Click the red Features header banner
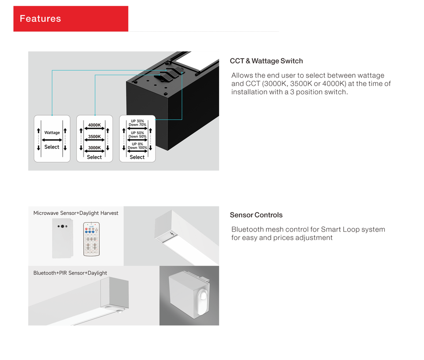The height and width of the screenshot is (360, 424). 71,19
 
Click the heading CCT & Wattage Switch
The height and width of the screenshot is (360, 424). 266,61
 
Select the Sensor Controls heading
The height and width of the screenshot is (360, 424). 256,215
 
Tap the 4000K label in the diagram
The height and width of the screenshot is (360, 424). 95,125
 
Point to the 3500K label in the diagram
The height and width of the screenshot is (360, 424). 95,137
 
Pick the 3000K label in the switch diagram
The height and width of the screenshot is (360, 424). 95,148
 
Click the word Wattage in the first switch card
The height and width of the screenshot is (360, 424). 52,133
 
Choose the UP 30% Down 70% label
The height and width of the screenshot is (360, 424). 137,123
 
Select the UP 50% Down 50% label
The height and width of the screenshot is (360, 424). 137,135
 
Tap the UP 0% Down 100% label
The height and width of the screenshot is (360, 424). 137,146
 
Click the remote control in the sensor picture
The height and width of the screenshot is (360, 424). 91,239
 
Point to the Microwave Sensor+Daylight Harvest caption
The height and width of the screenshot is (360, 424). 76,213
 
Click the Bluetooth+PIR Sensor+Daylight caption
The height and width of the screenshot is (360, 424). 70,273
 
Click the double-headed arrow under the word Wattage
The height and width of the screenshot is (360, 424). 52,140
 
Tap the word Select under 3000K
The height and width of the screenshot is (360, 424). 95,157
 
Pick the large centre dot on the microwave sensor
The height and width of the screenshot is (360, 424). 62,226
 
